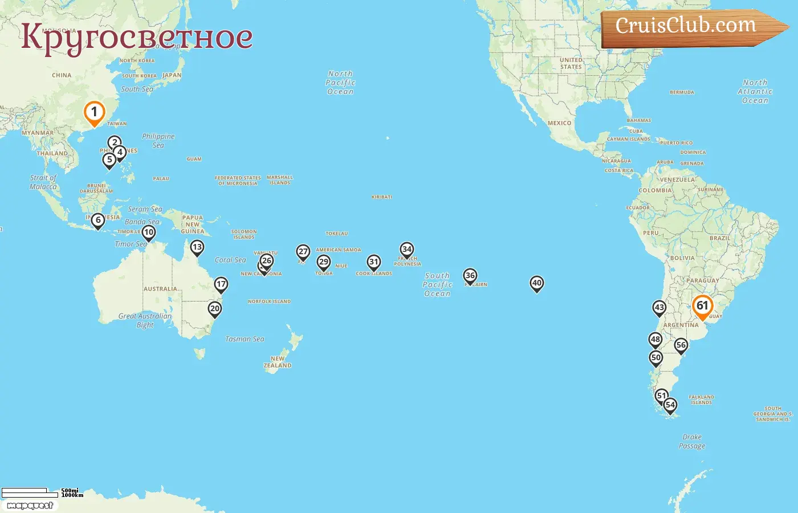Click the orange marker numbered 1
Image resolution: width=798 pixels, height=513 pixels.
[x=94, y=112]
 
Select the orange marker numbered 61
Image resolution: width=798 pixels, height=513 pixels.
[x=702, y=306]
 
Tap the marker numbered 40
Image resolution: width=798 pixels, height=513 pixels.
[x=536, y=283]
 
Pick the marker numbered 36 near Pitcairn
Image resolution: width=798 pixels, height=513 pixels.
[x=470, y=276]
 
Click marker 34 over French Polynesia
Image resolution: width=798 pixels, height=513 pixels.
[x=406, y=250]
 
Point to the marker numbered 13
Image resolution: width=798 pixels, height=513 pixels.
[x=197, y=247]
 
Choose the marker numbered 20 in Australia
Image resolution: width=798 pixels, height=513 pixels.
[x=214, y=309]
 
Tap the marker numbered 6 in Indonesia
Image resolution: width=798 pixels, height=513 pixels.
[x=98, y=220]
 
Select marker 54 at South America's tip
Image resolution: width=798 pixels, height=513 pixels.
[x=670, y=405]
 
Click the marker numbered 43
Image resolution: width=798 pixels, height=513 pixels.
[x=659, y=308]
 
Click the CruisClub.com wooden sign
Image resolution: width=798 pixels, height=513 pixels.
[x=687, y=26]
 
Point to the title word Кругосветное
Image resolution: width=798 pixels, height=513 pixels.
[x=137, y=37]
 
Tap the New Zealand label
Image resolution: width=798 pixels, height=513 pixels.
[x=278, y=362]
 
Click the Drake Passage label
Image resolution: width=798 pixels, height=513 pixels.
[x=692, y=441]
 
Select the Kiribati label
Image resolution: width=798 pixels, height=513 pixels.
[x=381, y=197]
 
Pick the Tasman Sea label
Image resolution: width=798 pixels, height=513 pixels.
[x=245, y=339]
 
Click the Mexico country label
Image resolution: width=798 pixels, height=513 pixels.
[x=559, y=123]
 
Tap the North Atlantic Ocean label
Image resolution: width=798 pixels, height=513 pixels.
[x=755, y=91]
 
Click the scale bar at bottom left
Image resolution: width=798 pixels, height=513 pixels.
[x=31, y=492]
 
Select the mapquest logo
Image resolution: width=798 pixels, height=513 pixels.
[x=30, y=506]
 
